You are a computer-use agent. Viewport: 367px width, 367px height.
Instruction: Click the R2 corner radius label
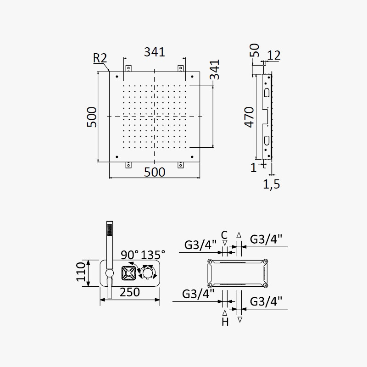pos(100,58)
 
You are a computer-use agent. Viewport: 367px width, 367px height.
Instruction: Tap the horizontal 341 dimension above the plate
pos(155,52)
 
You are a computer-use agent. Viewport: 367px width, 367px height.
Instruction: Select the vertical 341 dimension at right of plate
pos(214,70)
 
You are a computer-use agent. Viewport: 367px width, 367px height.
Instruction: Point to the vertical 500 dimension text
pos(91,117)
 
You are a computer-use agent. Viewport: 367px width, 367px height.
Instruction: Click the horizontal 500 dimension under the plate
pos(155,172)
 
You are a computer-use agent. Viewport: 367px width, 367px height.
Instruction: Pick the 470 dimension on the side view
pos(249,117)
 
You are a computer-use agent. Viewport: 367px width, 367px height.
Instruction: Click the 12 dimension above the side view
pos(273,56)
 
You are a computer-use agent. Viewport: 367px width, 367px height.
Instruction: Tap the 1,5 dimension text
pos(272,184)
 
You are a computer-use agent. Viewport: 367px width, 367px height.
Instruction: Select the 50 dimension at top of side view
pos(255,50)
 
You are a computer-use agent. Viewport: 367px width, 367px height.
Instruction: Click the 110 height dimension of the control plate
pos(81,272)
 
